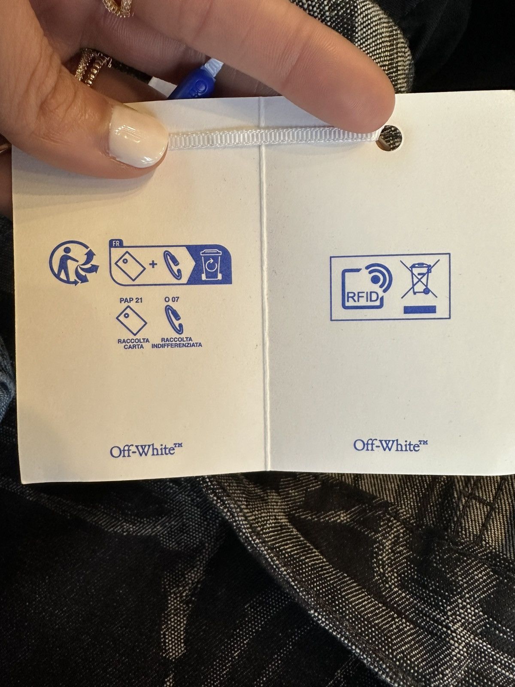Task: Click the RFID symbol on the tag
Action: pos(367,286)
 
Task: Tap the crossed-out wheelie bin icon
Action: pos(420,279)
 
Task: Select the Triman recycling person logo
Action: pos(74,263)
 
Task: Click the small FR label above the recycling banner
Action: pos(116,244)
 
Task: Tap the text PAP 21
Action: pos(131,300)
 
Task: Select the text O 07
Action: pos(172,300)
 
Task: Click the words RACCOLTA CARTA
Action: pos(133,343)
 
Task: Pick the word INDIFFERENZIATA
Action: pos(177,346)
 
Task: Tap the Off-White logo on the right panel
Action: pos(391,444)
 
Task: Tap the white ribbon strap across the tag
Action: pos(275,136)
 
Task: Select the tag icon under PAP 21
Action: pos(131,320)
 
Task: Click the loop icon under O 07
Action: pos(174,319)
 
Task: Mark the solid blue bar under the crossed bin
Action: pos(420,310)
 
